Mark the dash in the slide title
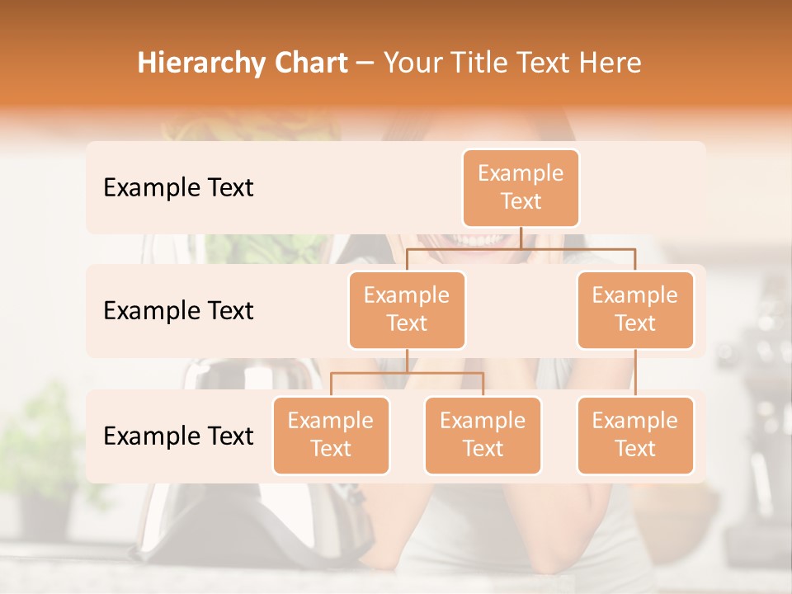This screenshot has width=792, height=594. [x=365, y=64]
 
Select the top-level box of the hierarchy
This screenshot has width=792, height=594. [x=521, y=187]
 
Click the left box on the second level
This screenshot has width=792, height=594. [x=407, y=309]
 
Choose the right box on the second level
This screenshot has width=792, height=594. [x=635, y=309]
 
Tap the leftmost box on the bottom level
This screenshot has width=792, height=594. [x=331, y=435]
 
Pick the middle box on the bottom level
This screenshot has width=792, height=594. [x=483, y=435]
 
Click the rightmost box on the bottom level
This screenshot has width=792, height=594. [x=635, y=435]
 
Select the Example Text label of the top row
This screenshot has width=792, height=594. [x=178, y=188]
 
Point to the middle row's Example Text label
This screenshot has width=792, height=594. [x=178, y=311]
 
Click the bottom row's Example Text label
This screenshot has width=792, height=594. [x=178, y=436]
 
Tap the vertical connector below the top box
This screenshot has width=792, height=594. [x=521, y=238]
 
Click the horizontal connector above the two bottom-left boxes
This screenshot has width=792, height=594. [x=407, y=373]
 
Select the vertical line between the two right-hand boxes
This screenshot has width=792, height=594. [x=635, y=372]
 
